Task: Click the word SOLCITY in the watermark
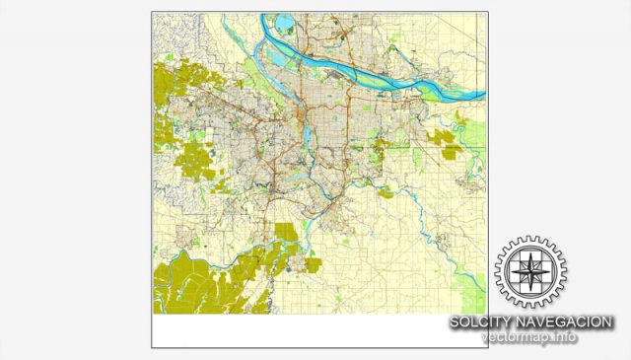tap(480, 322)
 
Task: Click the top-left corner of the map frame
tap(153, 13)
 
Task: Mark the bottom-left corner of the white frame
tap(153, 346)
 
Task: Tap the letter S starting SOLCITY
tap(455, 322)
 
